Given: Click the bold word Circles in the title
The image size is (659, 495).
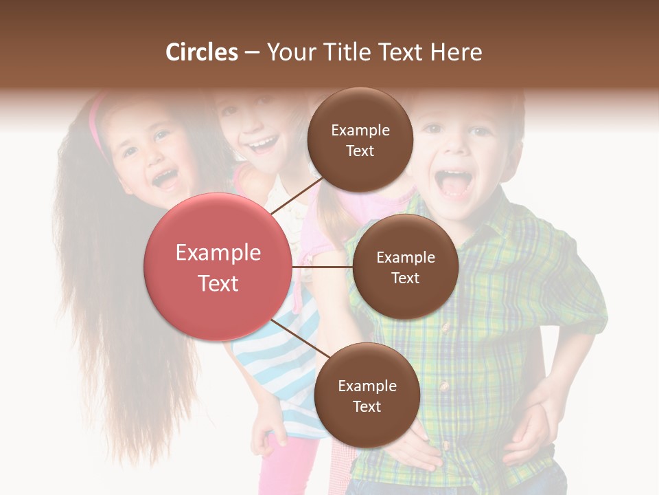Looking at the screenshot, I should click(201, 52).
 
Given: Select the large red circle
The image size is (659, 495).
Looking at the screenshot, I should click(218, 267).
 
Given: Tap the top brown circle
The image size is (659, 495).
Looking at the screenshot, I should click(360, 140).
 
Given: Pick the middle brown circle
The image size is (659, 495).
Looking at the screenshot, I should click(405, 267).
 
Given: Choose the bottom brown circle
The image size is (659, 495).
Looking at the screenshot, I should click(367, 395).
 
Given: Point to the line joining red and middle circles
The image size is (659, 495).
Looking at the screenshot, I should click(323, 267).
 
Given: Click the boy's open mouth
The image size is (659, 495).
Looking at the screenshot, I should click(454, 183).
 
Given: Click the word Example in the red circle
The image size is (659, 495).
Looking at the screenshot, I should click(218, 253).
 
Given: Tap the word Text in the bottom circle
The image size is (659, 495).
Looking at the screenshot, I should click(367, 406).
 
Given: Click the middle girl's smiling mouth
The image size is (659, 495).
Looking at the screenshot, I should click(263, 144).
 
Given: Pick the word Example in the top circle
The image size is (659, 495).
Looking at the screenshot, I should click(360, 130).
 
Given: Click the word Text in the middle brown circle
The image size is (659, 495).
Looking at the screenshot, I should click(405, 278).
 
